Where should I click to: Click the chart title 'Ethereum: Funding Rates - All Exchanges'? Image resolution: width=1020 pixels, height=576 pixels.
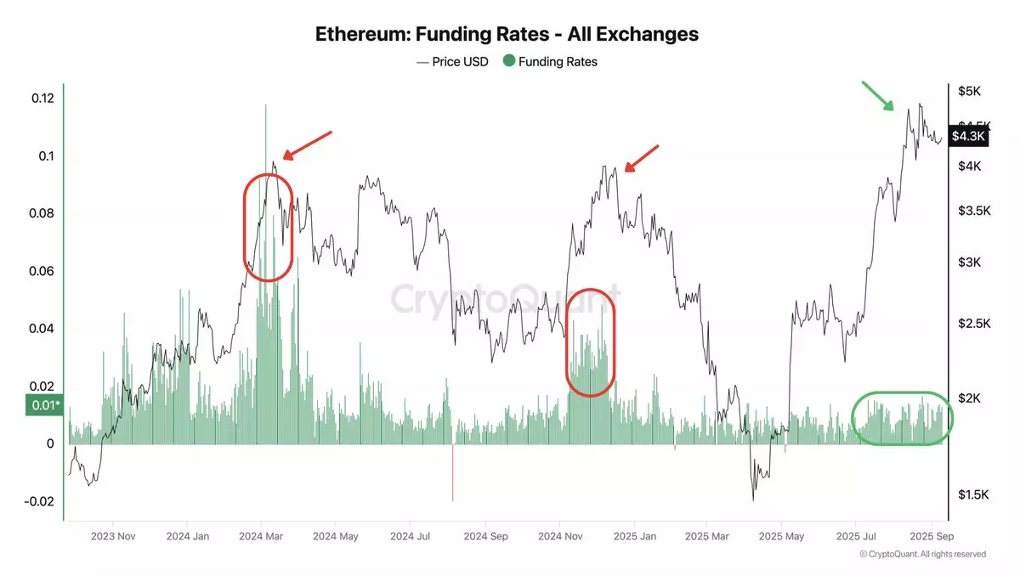pyautogui.click(x=507, y=35)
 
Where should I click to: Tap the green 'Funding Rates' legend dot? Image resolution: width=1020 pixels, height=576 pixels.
pyautogui.click(x=509, y=61)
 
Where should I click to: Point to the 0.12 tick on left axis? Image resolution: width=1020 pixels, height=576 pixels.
pyautogui.click(x=42, y=98)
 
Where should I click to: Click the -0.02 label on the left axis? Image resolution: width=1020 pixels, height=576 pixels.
pyautogui.click(x=39, y=501)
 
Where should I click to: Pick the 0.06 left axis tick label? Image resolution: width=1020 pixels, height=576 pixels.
pyautogui.click(x=42, y=271)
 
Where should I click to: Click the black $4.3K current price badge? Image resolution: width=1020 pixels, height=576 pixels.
pyautogui.click(x=968, y=136)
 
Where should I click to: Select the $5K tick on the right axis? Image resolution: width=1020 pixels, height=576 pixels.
pyautogui.click(x=970, y=90)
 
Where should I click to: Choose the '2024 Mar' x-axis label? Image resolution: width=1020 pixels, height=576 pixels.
pyautogui.click(x=262, y=536)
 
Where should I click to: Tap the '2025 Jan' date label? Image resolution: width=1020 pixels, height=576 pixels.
pyautogui.click(x=634, y=536)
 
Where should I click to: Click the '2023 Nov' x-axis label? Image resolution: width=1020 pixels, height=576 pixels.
pyautogui.click(x=114, y=536)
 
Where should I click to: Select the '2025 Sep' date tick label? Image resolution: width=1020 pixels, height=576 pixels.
pyautogui.click(x=932, y=536)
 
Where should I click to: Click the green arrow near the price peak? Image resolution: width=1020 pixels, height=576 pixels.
pyautogui.click(x=878, y=96)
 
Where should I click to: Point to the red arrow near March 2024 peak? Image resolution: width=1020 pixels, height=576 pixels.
pyautogui.click(x=306, y=145)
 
